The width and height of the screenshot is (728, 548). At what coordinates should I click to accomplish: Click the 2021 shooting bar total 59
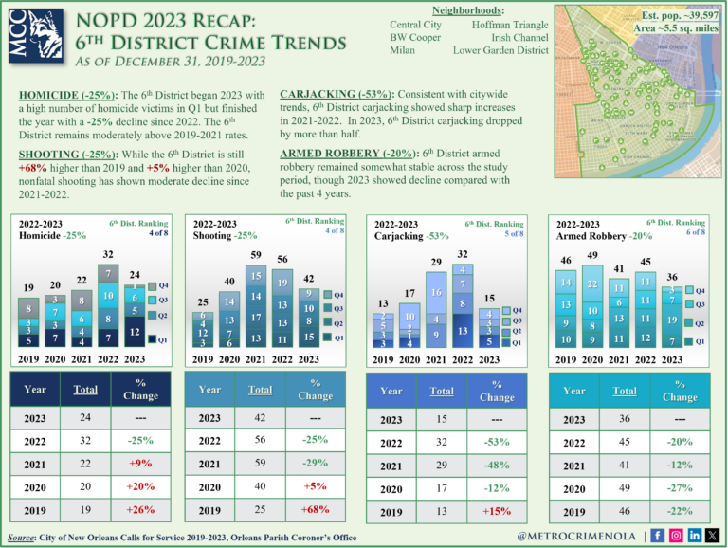[257, 255]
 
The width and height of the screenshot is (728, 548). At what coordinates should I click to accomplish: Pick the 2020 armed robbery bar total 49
[592, 256]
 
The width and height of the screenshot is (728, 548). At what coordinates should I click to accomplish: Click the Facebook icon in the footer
[658, 536]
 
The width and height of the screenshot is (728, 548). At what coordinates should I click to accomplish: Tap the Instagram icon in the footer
[676, 536]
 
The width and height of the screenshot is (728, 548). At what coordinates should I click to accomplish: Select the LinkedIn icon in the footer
[695, 536]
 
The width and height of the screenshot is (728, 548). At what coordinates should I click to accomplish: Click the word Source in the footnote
[25, 538]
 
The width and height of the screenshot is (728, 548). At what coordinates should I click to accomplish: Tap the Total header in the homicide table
[85, 390]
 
